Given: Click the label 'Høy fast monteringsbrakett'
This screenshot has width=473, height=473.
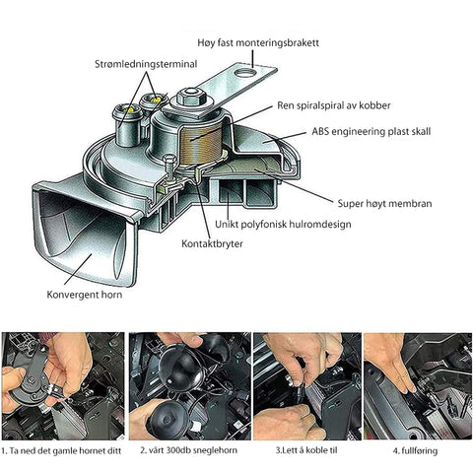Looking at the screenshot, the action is click(258, 43).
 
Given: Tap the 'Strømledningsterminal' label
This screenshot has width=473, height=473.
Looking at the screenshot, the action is click(146, 64).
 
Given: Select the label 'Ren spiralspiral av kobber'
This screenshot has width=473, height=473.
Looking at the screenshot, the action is click(334, 105).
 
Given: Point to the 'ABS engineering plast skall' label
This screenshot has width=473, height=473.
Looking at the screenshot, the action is click(372, 132).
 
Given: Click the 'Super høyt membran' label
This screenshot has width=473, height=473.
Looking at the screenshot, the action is click(384, 204).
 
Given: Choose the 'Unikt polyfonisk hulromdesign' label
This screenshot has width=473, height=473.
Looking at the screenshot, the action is click(283, 225).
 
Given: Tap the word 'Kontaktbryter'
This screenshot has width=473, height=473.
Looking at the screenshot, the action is click(212, 244).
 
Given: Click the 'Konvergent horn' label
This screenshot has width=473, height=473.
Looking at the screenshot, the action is click(85, 295).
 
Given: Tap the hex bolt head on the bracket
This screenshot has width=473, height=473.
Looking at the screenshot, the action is click(191, 97).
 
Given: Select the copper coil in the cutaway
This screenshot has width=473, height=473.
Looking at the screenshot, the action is click(201, 144).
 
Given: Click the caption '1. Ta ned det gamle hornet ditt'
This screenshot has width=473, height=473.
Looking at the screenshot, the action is click(61, 450).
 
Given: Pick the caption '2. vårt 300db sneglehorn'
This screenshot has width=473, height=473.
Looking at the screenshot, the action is click(189, 450).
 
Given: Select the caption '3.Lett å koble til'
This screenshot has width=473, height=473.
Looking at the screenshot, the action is click(306, 450).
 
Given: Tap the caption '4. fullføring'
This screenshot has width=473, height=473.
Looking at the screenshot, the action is click(415, 450).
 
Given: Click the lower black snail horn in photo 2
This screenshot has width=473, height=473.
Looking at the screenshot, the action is click(167, 421).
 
